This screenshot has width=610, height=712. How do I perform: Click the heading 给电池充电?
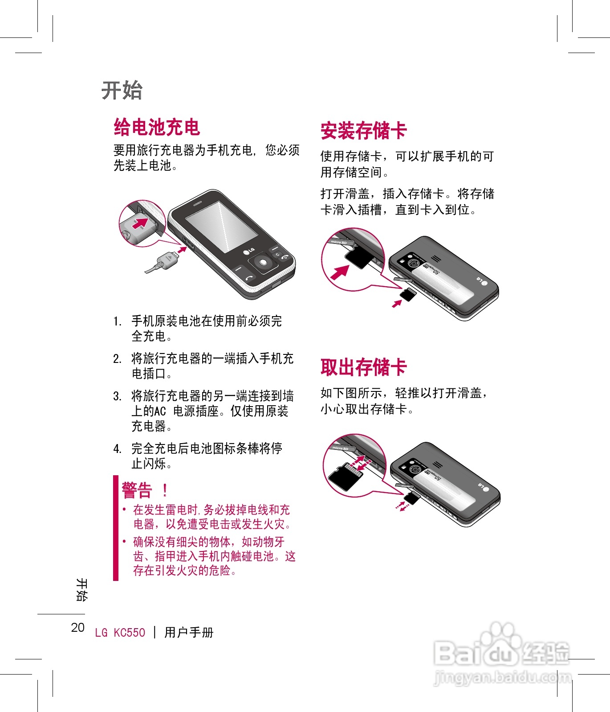tap(157, 128)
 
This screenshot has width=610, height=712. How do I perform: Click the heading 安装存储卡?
tap(363, 131)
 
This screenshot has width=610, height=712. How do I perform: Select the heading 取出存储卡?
tap(363, 367)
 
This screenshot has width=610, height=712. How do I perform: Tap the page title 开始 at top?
tap(122, 91)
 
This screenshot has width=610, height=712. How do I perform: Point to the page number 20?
tap(78, 628)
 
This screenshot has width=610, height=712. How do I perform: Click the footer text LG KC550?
tap(120, 633)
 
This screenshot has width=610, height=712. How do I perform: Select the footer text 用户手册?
tap(189, 633)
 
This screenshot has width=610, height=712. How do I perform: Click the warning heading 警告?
tap(137, 490)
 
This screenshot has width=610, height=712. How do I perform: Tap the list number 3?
tap(117, 396)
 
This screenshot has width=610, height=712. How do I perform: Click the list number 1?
tap(117, 321)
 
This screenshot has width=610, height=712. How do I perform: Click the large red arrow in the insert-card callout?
tap(340, 272)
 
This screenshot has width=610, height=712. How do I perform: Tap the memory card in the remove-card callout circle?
tap(346, 476)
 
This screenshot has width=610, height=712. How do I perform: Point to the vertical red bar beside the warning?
tap(116, 528)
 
